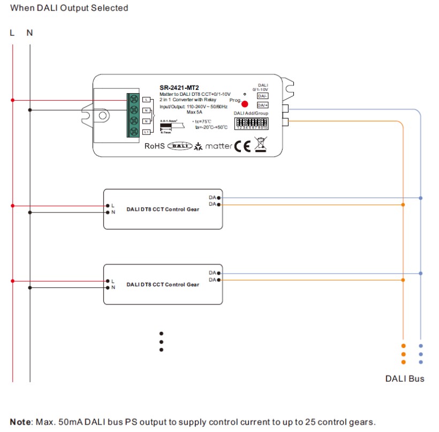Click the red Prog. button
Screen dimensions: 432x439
[x=245, y=104]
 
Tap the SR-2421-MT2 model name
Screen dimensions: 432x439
[x=179, y=88]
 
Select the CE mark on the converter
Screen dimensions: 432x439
[x=243, y=146]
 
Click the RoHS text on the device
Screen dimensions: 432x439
[x=155, y=146]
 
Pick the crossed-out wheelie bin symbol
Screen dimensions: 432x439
[x=260, y=145]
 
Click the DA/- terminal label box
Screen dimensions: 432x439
[x=262, y=96]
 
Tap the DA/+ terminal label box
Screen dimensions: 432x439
[x=262, y=105]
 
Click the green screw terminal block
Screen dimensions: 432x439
[x=133, y=115]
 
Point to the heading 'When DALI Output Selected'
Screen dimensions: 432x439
[x=70, y=8]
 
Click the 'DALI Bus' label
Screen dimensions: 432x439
[x=405, y=379]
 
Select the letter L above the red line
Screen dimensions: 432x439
[x=12, y=33]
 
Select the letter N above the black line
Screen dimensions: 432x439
[x=29, y=33]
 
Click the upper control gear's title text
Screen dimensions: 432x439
[x=162, y=209]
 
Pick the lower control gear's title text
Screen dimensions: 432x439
[x=162, y=284]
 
